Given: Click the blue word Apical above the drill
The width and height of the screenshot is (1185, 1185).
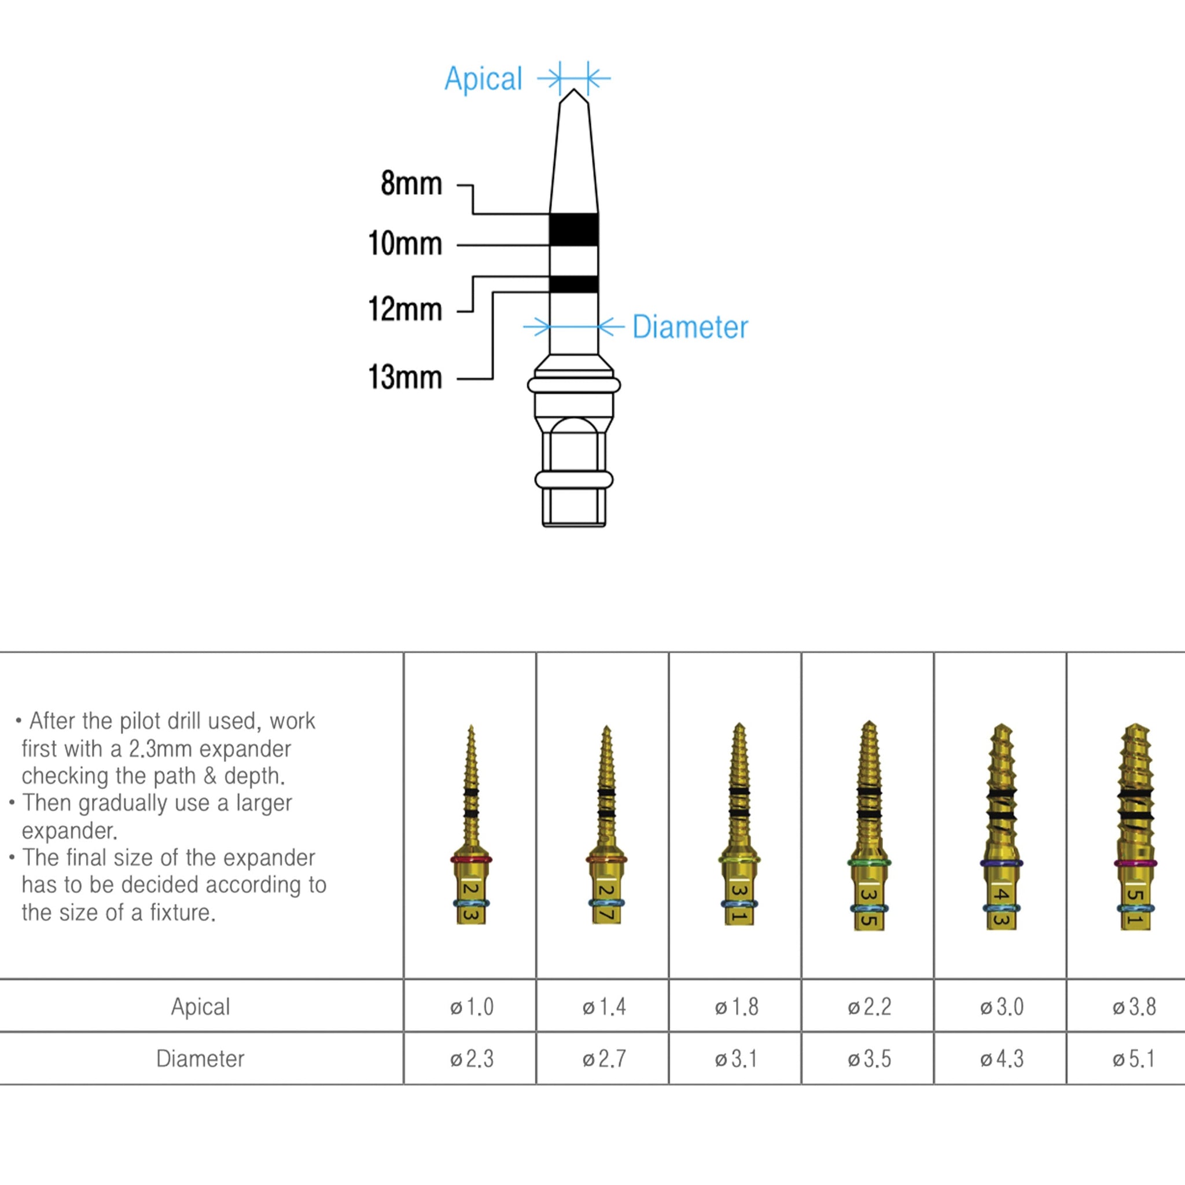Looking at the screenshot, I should click(483, 79).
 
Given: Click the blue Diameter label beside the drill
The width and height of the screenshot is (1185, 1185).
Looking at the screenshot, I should click(690, 327).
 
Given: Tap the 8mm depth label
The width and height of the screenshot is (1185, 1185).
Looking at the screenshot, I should click(411, 183).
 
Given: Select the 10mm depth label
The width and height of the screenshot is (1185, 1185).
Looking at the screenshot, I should click(405, 244).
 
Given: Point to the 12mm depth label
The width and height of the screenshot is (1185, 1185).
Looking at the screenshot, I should click(405, 309).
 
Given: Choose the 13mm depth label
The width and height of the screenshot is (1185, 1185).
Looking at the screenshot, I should click(405, 377).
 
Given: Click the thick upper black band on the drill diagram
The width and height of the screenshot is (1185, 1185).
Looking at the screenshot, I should click(573, 230).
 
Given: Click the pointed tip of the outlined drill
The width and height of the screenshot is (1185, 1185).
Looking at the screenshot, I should click(574, 91).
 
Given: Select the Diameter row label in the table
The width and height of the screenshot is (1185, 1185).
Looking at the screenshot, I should click(201, 1059).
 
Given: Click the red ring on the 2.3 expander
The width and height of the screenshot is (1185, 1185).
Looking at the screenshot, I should click(471, 859).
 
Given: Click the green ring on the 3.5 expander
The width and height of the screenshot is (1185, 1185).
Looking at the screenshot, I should click(869, 862).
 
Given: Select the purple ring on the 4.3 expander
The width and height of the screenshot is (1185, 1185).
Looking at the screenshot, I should click(1001, 863).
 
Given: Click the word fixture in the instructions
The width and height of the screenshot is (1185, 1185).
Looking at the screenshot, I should click(182, 912).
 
